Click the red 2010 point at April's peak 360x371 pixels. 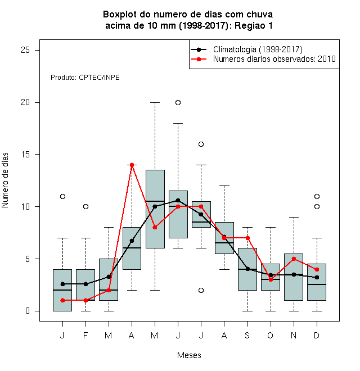[x=132, y=165]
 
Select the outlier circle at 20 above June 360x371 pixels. [x=178, y=103]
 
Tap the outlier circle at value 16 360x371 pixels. [x=201, y=144]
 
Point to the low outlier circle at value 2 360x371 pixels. [x=201, y=290]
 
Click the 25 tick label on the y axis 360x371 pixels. [x=25, y=50]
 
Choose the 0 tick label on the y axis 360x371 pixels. [x=28, y=311]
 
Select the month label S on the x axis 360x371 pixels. [x=247, y=336]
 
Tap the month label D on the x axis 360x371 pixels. [x=317, y=336]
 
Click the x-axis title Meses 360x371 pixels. [x=189, y=355]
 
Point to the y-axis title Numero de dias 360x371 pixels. [x=5, y=180]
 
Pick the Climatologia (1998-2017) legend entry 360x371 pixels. [x=246, y=49]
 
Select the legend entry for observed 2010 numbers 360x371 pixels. [x=263, y=59]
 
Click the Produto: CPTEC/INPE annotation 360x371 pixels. [x=85, y=78]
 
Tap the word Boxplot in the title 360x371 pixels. [x=120, y=15]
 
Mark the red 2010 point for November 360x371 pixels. [x=294, y=259]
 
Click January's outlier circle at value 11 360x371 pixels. [x=63, y=196]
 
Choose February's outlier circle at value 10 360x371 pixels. [x=85, y=206]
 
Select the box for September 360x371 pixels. [x=247, y=269]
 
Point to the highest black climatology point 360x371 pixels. [x=178, y=201]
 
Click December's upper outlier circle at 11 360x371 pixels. [x=317, y=196]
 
